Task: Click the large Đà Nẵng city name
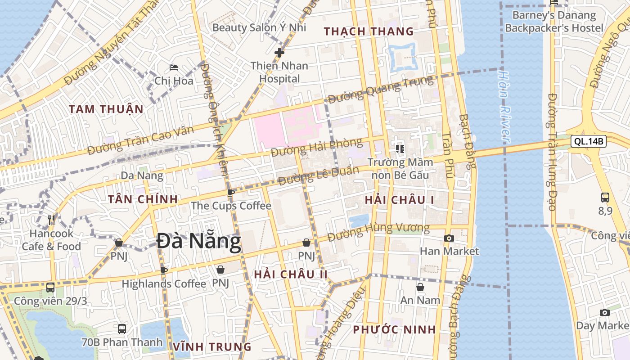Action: [x=199, y=242]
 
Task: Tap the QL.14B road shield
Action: [x=589, y=141]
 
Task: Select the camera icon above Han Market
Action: [x=449, y=238]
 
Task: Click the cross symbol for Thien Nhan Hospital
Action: [x=279, y=53]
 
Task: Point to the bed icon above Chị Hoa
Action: [x=174, y=68]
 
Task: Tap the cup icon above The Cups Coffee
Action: [x=231, y=193]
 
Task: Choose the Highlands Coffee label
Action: [x=164, y=284]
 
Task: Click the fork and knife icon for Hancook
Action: [x=51, y=220]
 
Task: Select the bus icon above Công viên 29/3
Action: [x=50, y=287]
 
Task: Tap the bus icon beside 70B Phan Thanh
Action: [x=121, y=329]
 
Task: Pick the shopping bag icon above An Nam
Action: [x=420, y=287]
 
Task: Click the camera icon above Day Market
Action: [x=605, y=312]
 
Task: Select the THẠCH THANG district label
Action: [x=369, y=31]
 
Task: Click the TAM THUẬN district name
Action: [x=106, y=109]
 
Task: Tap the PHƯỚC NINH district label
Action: [x=394, y=329]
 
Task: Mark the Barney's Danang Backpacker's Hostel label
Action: [x=554, y=22]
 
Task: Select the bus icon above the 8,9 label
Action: [x=605, y=197]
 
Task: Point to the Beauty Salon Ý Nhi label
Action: [x=259, y=27]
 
